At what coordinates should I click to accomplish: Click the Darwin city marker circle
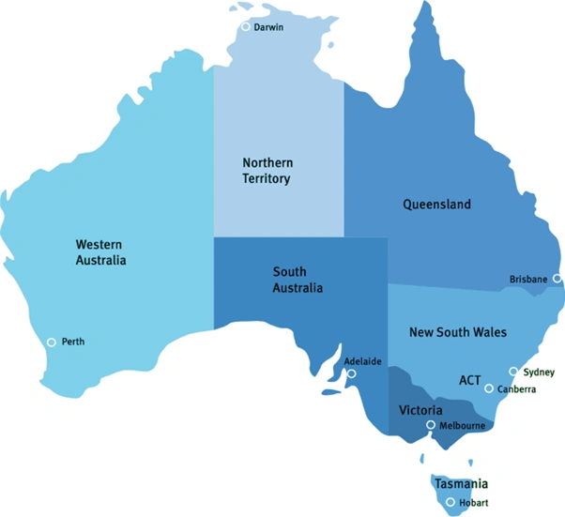point(246,27)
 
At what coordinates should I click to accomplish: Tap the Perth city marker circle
point(52,342)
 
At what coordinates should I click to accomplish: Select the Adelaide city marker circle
point(352,373)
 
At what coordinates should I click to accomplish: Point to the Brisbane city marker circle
point(557,279)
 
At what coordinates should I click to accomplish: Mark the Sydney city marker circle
point(513,372)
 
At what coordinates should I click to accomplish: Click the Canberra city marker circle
point(489,388)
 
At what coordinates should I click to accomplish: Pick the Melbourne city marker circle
point(431,425)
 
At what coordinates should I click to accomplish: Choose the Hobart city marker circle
point(451,503)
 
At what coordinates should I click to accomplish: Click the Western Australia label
point(100,251)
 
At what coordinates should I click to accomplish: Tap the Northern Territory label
point(267,171)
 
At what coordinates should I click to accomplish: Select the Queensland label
point(436,204)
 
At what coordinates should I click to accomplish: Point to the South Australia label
point(298,280)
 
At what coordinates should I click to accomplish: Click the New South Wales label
point(458,332)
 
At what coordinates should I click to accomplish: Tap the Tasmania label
point(461,484)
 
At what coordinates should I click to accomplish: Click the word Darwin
point(269,27)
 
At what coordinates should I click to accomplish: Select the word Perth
point(73,342)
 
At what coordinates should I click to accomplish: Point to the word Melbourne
point(462,426)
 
